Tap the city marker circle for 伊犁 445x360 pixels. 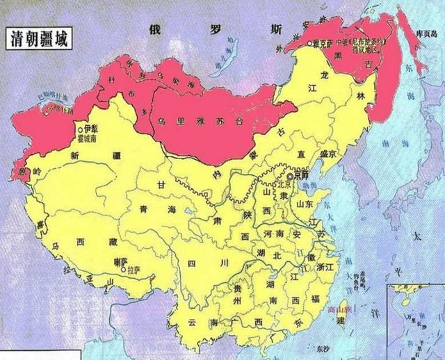[81, 129]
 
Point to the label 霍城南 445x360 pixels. [97, 138]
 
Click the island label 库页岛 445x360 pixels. [425, 35]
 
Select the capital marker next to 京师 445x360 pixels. [289, 177]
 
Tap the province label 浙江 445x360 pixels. [326, 267]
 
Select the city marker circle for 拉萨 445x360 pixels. [123, 270]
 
